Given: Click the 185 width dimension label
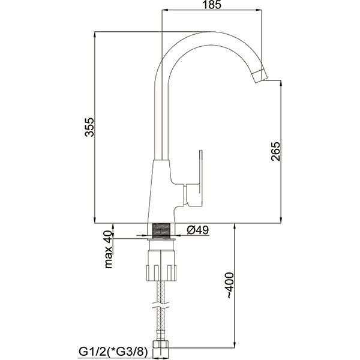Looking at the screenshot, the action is pyautogui.click(x=212, y=5).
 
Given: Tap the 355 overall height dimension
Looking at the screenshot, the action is pyautogui.click(x=89, y=127).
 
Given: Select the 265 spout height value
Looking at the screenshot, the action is pyautogui.click(x=276, y=152).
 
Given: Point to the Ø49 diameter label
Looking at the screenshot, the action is pyautogui.click(x=197, y=230).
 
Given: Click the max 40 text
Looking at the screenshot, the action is pyautogui.click(x=109, y=250).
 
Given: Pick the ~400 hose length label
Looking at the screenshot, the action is pyautogui.click(x=230, y=286).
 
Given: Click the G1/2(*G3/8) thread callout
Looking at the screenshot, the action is pyautogui.click(x=113, y=352).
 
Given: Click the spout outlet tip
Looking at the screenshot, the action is pyautogui.click(x=259, y=76).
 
